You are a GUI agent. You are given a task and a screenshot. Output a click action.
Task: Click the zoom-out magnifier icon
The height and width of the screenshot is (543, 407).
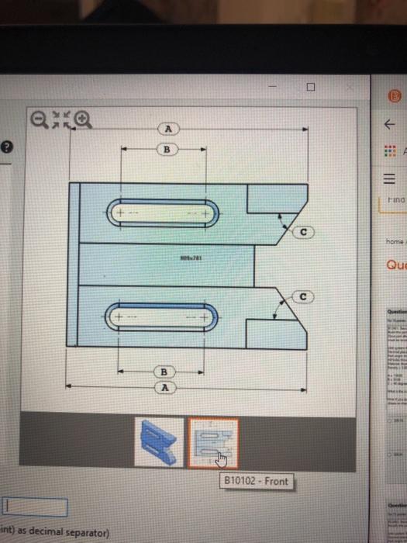pos(39,119)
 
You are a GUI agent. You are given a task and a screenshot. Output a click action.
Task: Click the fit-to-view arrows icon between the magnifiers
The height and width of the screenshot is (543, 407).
pos(60,118)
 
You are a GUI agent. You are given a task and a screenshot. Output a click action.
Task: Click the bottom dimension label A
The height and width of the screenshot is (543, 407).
pos(164,386)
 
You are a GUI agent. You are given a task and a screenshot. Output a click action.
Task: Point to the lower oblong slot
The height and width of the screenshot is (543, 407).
pos(165,318)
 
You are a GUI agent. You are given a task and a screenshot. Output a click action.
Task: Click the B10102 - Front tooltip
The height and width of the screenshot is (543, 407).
pos(255,481)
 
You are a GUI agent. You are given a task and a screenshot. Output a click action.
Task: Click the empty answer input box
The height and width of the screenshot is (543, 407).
pos(34,507)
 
